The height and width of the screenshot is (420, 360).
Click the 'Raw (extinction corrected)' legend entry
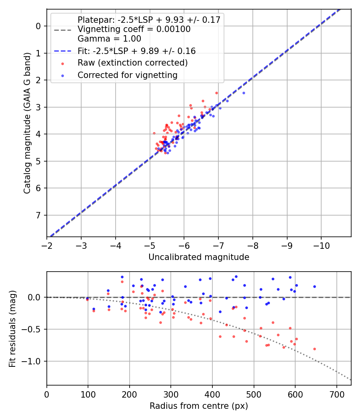tap(132, 63)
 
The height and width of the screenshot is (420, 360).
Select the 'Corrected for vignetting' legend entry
tap(128, 75)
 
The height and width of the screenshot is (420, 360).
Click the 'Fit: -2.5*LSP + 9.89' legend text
tap(136, 51)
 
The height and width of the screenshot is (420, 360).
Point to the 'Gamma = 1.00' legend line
tap(109, 39)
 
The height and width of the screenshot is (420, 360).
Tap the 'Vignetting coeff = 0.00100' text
tap(134, 29)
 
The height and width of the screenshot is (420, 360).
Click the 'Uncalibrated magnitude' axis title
tap(199, 257)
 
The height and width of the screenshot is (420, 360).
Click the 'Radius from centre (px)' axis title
tap(199, 406)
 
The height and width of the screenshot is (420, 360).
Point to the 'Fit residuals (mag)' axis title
tap(12, 328)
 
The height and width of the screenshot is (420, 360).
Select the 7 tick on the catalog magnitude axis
tap(39, 215)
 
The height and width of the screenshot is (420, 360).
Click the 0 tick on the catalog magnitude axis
tap(39, 26)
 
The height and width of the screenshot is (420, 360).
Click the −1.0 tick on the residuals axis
tap(33, 361)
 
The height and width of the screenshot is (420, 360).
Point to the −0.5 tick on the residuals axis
tap(33, 329)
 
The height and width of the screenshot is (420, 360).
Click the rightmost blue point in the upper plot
tap(244, 93)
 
